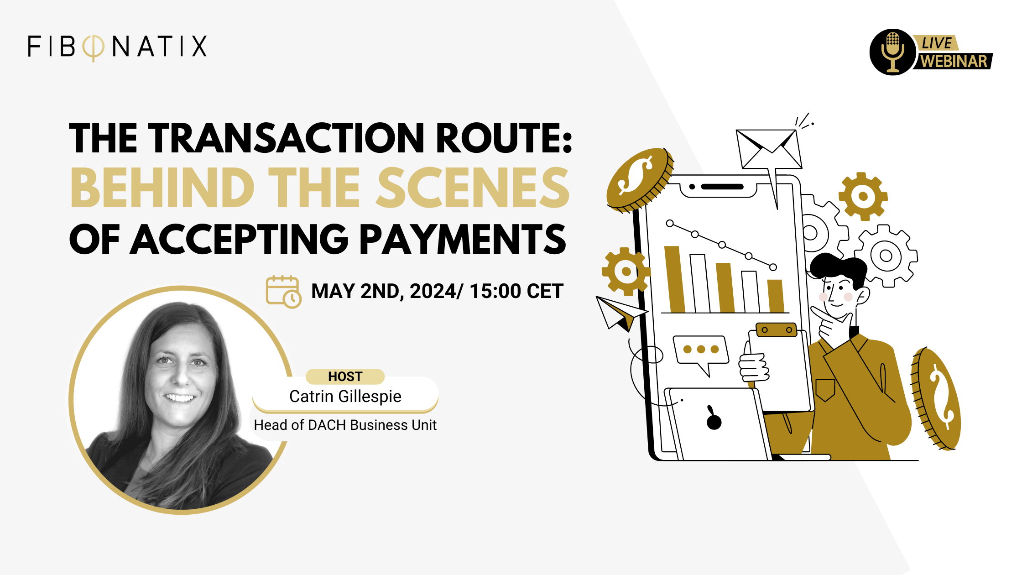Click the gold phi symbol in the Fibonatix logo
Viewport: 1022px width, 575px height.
(x=93, y=47)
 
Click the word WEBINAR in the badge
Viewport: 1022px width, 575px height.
(x=954, y=62)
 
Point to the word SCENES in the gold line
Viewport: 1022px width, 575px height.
(x=473, y=188)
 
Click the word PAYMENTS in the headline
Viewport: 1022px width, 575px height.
(x=463, y=239)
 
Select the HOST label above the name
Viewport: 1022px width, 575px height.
(x=345, y=376)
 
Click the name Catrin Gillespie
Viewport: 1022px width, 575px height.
(x=345, y=396)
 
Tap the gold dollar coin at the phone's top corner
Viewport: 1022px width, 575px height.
(x=639, y=179)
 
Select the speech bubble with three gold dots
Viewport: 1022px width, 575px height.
(x=700, y=351)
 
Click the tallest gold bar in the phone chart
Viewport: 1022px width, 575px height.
(x=674, y=279)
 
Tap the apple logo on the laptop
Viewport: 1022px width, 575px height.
(x=714, y=419)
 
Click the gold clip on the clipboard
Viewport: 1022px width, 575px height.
(x=776, y=329)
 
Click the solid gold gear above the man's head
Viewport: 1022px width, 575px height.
(x=863, y=196)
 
